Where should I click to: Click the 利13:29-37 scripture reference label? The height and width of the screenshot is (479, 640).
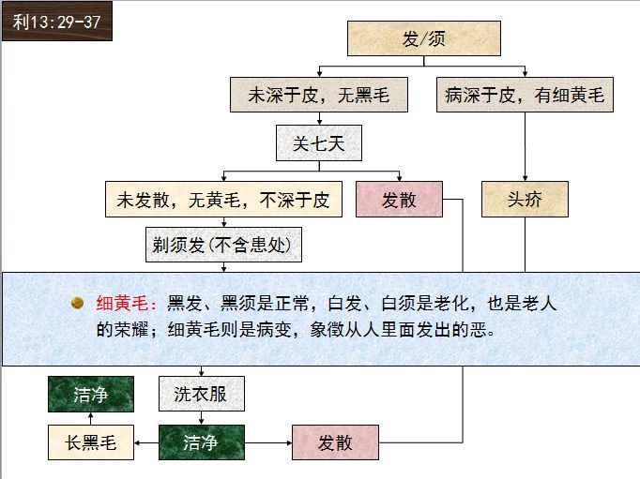click(x=56, y=21)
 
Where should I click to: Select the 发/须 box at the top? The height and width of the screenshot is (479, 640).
click(x=423, y=38)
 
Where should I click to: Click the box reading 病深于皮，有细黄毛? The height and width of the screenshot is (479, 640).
click(x=525, y=95)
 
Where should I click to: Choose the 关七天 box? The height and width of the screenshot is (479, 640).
click(x=318, y=143)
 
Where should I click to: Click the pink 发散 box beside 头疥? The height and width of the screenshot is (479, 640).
click(x=399, y=199)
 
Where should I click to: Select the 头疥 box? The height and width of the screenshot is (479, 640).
click(x=525, y=199)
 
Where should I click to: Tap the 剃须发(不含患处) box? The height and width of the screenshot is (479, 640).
click(x=225, y=246)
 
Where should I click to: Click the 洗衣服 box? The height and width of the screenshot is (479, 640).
click(x=201, y=394)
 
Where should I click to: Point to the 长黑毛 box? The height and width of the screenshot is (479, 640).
click(x=91, y=442)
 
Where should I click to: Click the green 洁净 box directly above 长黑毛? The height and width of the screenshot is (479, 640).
click(x=91, y=395)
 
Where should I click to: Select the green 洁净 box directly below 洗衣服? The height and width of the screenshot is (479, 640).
click(x=201, y=442)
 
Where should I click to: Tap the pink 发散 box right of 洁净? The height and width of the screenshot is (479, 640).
click(x=335, y=442)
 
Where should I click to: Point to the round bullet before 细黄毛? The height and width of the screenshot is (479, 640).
click(x=79, y=303)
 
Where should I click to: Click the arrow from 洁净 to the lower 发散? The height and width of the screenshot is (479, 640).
click(x=268, y=442)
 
